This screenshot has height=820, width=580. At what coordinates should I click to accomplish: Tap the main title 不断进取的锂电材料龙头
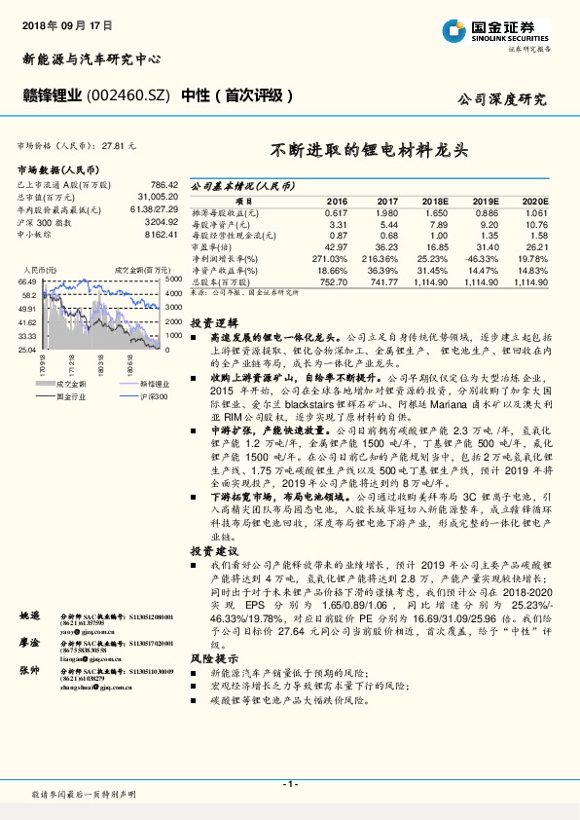click(369, 152)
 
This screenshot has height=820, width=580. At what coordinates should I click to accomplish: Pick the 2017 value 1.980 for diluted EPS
click(359, 211)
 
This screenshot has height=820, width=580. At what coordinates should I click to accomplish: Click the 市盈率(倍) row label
click(212, 246)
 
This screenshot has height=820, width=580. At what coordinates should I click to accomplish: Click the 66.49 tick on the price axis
click(26, 280)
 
